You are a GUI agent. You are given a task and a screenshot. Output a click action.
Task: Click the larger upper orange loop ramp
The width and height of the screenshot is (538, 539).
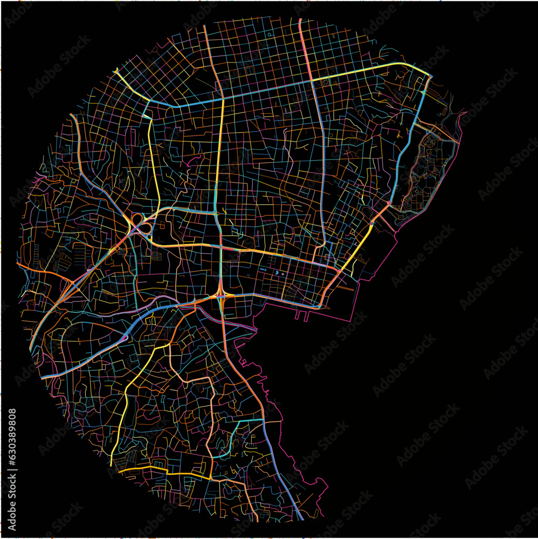137,218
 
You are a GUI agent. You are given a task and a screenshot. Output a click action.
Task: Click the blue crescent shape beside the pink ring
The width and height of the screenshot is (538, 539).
277,274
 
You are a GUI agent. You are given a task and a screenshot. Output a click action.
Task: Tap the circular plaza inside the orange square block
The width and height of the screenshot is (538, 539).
430,141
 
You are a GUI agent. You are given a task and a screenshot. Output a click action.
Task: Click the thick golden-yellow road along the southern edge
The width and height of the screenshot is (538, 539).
162,473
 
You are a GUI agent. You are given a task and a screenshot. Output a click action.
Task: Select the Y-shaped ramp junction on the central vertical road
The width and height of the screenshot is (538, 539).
221,294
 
